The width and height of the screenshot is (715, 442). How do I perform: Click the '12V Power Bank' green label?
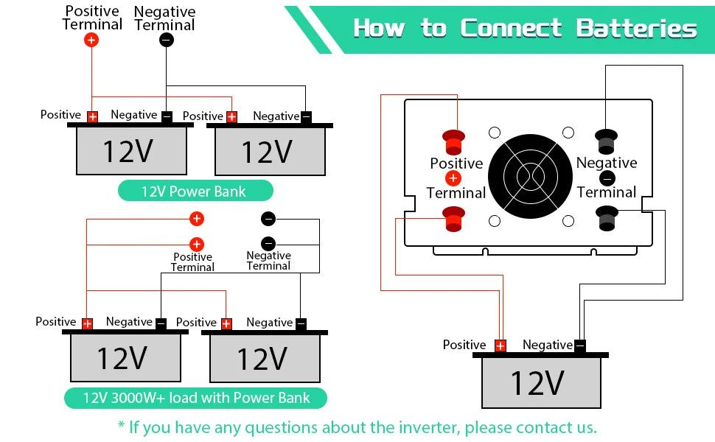pyautogui.click(x=195, y=192)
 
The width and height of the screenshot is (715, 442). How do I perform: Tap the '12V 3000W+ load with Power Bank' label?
pyautogui.click(x=196, y=398)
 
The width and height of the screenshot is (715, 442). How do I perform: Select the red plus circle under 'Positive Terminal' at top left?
pyautogui.click(x=91, y=40)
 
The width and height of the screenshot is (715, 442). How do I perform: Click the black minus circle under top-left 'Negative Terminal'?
pyautogui.click(x=167, y=40)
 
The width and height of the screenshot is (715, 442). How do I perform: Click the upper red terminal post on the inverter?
pyautogui.click(x=453, y=138)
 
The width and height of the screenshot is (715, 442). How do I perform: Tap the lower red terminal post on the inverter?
pyautogui.click(x=453, y=218)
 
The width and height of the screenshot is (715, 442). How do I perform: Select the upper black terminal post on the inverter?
pyautogui.click(x=607, y=138)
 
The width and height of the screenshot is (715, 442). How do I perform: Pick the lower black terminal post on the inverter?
pyautogui.click(x=607, y=217)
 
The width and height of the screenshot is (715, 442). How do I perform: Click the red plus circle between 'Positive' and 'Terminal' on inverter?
pyautogui.click(x=453, y=178)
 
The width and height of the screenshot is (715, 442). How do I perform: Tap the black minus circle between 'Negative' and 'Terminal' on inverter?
pyautogui.click(x=607, y=178)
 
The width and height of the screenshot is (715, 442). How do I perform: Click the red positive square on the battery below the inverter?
pyautogui.click(x=501, y=345)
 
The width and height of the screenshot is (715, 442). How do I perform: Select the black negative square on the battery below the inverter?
pyautogui.click(x=580, y=345)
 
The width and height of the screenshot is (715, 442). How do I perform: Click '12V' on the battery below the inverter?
pyautogui.click(x=537, y=383)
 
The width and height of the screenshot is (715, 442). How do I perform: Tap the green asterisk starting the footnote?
pyautogui.click(x=122, y=426)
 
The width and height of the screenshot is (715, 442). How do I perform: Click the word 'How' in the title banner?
pyautogui.click(x=380, y=29)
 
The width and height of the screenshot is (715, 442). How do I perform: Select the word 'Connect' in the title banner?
pyautogui.click(x=512, y=29)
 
